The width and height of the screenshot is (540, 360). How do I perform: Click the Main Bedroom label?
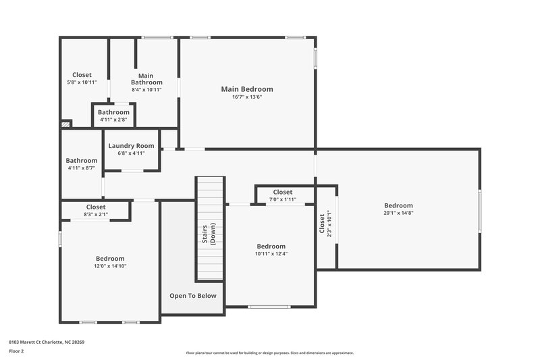(247, 89)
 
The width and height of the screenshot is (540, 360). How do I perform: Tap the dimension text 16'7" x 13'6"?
(247, 97)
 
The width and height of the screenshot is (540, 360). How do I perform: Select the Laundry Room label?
(132, 146)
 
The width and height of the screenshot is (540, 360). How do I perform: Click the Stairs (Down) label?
(209, 234)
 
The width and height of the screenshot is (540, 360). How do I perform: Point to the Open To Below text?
(192, 296)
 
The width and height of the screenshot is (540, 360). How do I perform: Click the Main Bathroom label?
(146, 79)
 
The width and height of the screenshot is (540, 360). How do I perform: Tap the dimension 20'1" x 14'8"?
(398, 213)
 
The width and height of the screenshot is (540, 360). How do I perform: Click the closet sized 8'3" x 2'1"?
(96, 211)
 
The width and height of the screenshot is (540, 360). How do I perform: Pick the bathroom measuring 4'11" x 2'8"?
(113, 115)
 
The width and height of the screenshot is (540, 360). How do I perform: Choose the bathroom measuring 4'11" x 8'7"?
(82, 164)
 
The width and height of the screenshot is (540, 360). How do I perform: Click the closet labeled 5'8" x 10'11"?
(82, 78)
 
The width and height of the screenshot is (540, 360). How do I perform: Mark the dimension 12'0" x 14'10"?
(109, 266)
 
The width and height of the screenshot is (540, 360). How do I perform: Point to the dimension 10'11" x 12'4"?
(271, 254)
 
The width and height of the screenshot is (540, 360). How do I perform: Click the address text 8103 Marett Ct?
(47, 342)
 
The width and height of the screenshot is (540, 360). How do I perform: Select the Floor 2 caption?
(16, 351)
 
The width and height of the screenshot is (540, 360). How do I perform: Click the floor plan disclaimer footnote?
(270, 353)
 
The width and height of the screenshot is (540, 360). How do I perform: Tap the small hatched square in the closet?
(65, 124)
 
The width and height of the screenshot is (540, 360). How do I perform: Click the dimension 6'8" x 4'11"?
(132, 153)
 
